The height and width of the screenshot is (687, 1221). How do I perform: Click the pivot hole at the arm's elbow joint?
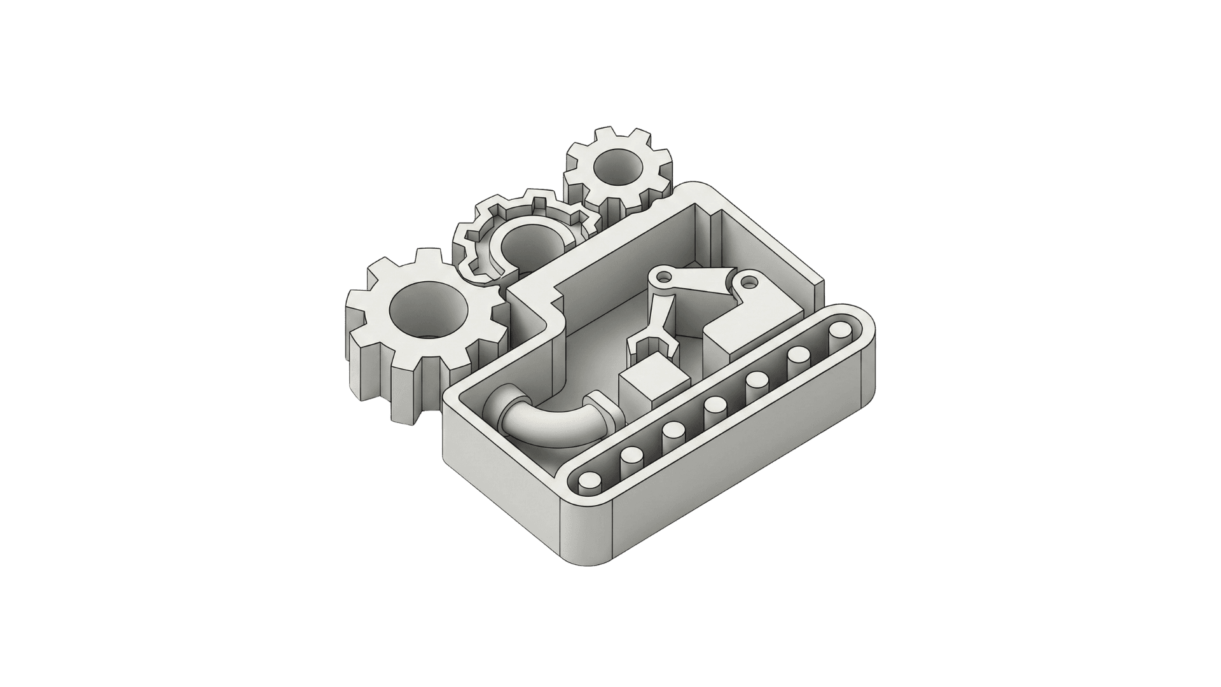pos(665,277)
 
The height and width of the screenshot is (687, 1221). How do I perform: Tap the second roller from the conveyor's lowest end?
pos(631,454)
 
